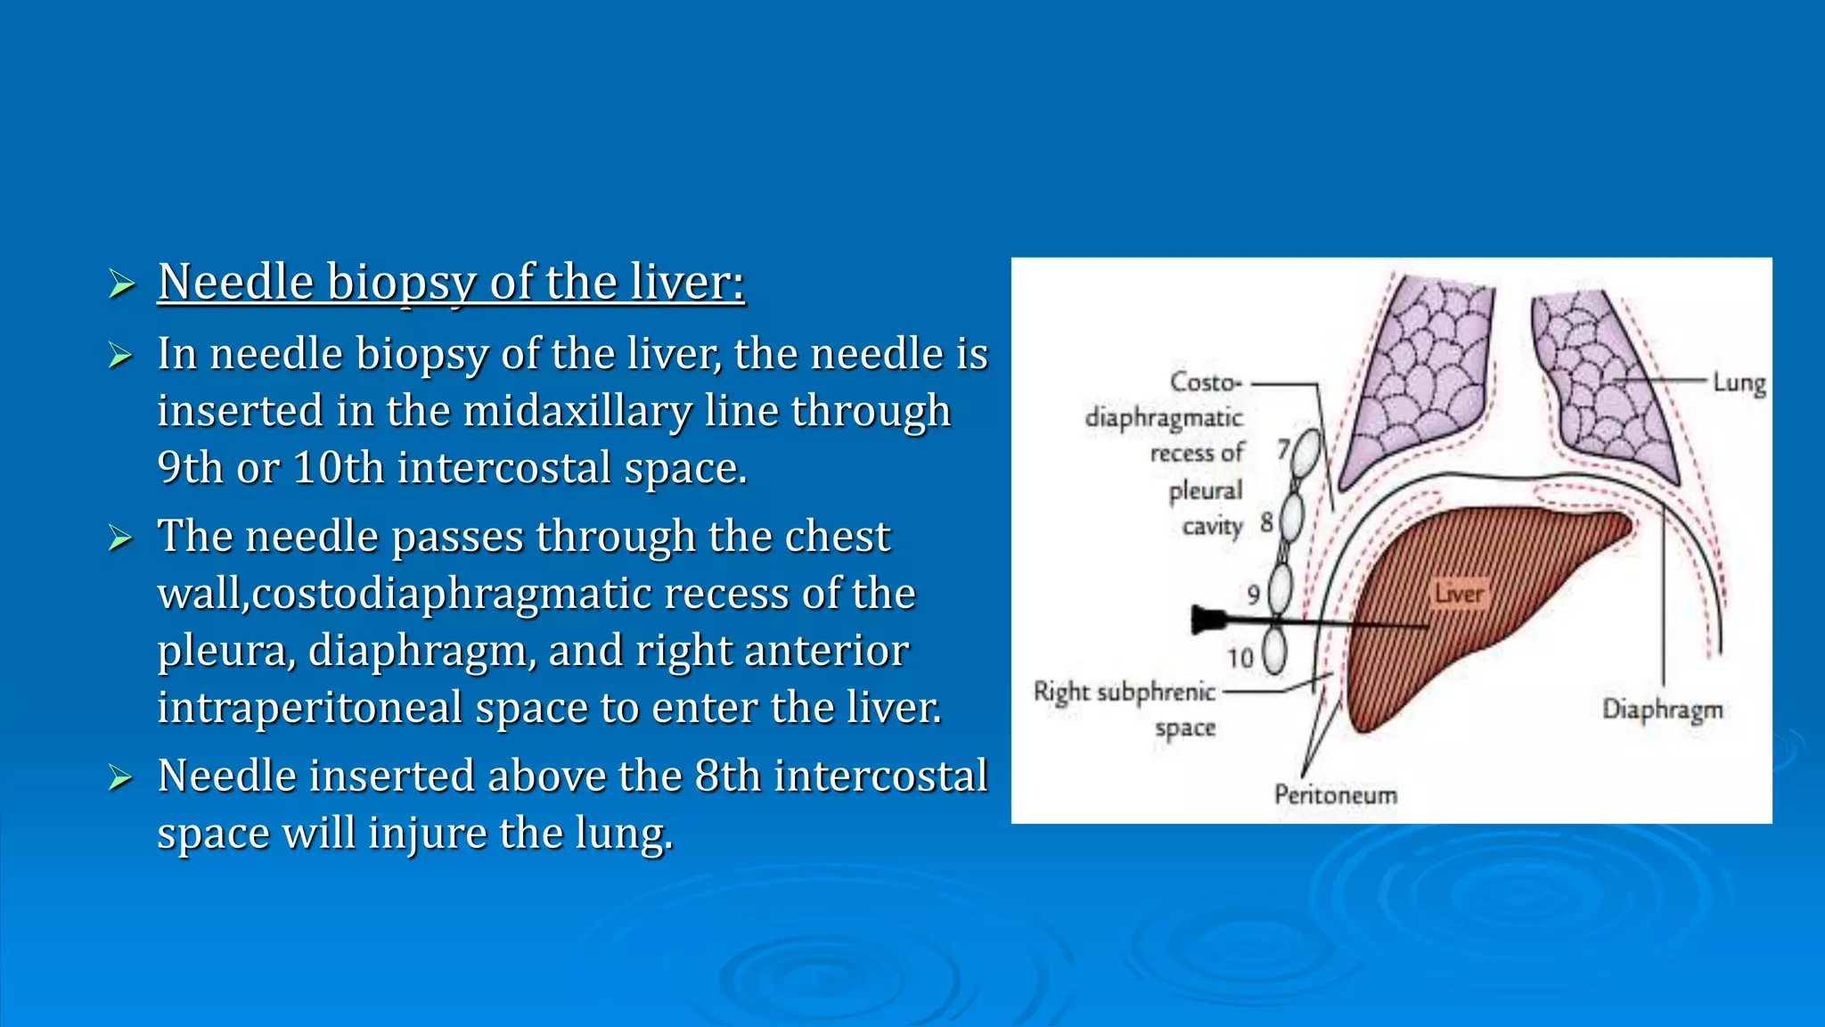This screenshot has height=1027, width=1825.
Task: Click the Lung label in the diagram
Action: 1739,383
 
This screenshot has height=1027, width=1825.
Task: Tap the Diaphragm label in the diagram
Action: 1662,710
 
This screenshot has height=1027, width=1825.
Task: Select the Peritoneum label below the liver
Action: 1335,794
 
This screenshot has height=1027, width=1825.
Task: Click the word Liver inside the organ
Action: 1459,594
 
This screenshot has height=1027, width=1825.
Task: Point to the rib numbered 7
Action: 1305,452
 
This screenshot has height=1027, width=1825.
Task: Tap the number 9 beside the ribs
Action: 1253,595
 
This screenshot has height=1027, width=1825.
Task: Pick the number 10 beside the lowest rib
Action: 1240,659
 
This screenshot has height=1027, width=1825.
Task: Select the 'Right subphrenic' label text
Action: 1124,692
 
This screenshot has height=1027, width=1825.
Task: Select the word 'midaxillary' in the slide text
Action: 576,411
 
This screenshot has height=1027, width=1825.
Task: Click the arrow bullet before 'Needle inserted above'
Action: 120,777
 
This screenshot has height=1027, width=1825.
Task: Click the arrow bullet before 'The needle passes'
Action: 120,538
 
